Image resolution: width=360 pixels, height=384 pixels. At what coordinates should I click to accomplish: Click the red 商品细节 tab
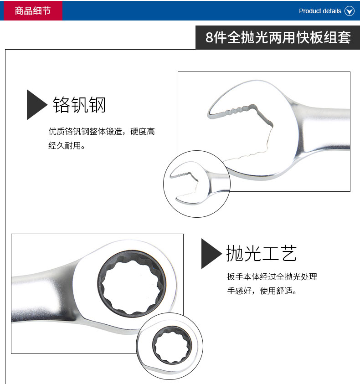(33, 10)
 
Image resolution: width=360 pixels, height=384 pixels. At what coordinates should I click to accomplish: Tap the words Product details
(320, 11)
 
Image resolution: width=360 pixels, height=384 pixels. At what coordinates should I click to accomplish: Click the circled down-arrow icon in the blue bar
(349, 11)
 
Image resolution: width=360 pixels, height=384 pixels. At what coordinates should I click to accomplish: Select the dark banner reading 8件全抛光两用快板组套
(278, 37)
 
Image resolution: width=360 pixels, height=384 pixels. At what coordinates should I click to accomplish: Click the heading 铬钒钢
(79, 105)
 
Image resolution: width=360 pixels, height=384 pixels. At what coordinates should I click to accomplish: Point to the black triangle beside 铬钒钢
(36, 105)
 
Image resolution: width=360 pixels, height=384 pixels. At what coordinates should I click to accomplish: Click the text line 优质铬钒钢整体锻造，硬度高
(102, 131)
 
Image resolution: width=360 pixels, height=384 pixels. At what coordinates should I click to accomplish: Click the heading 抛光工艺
(261, 253)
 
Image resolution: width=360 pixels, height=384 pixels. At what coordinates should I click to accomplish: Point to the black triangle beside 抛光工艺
(211, 253)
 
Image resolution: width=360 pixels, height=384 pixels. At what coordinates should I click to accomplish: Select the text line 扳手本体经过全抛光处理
(272, 277)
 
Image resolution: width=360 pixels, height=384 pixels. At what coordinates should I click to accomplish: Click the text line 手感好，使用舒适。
(262, 291)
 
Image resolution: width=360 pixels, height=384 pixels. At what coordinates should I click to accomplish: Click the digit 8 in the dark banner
(209, 37)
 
